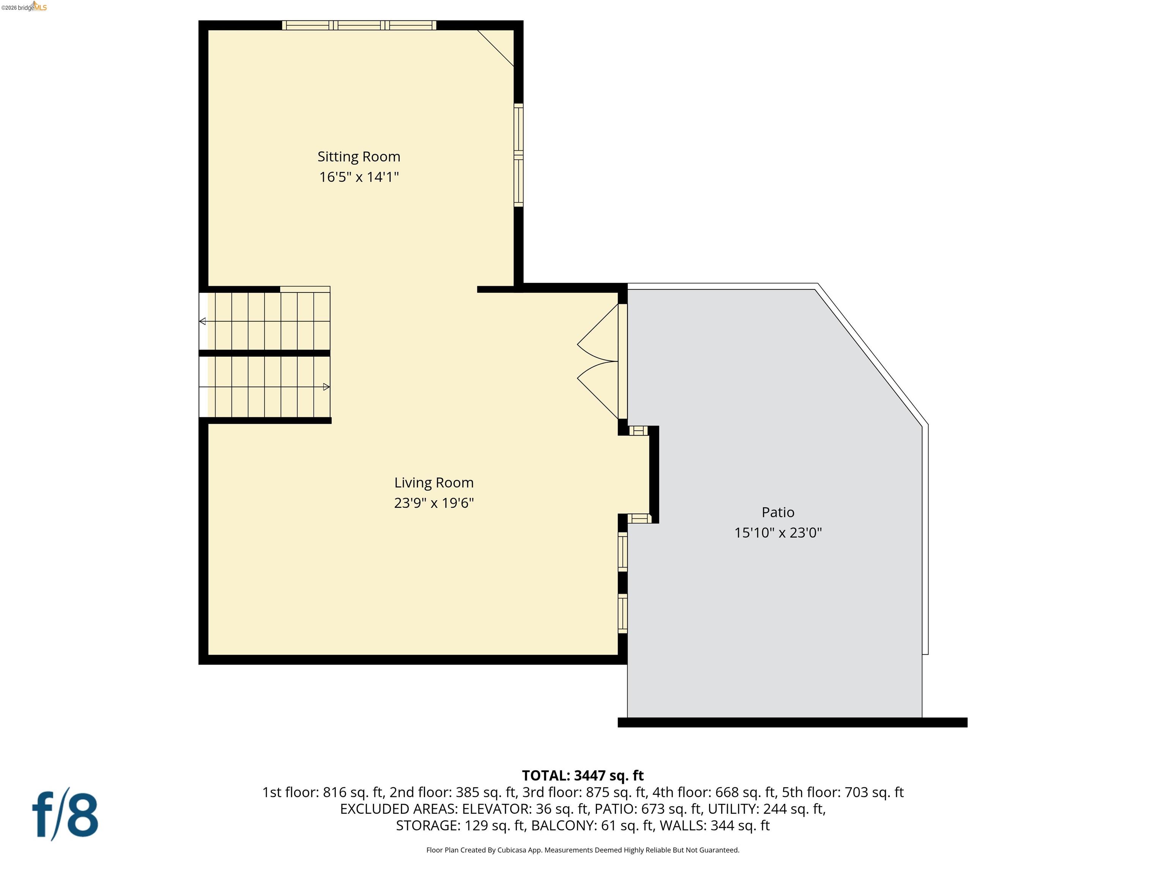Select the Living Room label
(434, 483)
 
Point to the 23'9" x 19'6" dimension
(434, 503)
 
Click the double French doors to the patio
(601, 362)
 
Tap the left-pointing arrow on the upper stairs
(202, 321)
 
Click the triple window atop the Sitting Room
(359, 25)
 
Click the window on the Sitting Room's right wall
(519, 155)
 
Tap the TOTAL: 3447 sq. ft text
(583, 775)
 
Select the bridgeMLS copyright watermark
(24, 7)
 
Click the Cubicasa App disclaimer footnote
(583, 850)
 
